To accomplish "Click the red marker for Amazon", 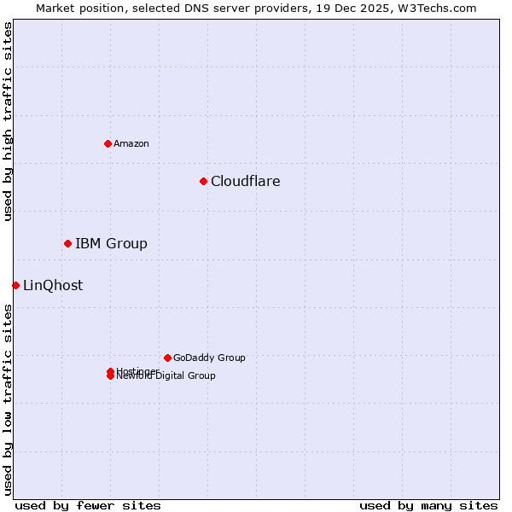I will click(108, 143).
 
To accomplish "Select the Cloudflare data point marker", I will click(203, 181).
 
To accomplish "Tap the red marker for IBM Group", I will click(67, 243).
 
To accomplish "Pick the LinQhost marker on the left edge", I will click(15, 285).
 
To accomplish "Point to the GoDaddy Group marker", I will click(167, 358).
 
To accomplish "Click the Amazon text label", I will click(131, 143).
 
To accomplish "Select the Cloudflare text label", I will click(246, 181).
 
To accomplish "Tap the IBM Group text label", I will click(111, 243).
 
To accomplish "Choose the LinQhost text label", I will click(53, 285).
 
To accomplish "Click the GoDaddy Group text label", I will click(209, 358).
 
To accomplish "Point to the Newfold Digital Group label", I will click(166, 376).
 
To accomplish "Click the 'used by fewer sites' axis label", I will click(88, 505).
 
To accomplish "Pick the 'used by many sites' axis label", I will click(428, 505).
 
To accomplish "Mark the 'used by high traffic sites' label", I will click(8, 121).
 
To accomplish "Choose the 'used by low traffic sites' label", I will click(8, 399).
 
